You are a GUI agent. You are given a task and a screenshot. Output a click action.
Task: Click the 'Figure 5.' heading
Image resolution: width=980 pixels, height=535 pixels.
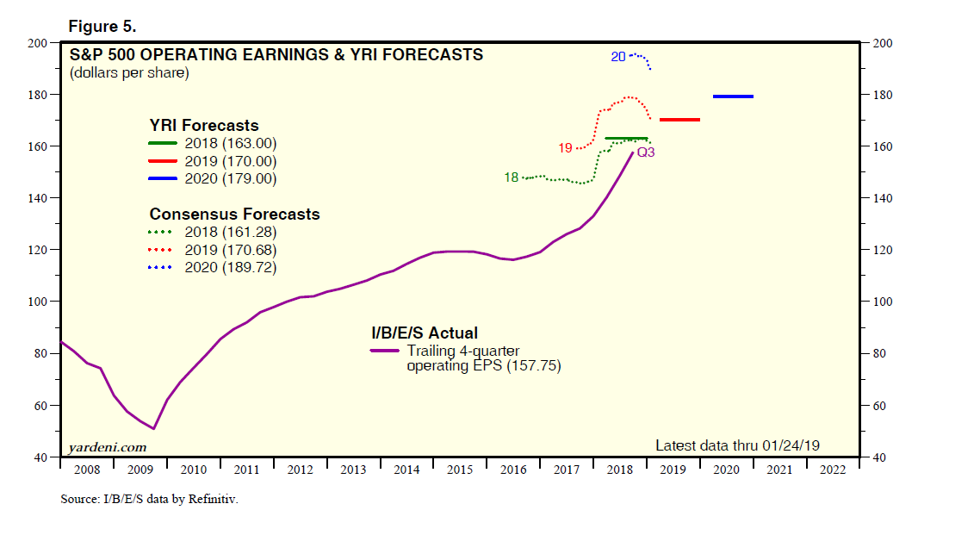102,26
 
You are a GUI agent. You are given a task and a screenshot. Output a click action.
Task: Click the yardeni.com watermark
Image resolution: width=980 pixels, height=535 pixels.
108,447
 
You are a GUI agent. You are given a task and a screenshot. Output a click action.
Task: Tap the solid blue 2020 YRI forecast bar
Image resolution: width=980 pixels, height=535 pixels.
733,96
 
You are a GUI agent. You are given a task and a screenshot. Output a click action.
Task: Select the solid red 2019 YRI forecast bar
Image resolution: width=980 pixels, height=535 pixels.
679,120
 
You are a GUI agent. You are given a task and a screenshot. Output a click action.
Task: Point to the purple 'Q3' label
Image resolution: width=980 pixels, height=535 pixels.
647,152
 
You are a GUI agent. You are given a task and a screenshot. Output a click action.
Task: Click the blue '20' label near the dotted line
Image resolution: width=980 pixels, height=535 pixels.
618,57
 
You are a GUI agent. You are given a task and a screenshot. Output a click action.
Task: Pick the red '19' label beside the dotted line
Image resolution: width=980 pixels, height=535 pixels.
565,148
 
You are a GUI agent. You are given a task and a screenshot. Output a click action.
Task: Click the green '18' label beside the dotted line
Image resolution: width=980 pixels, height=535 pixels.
512,177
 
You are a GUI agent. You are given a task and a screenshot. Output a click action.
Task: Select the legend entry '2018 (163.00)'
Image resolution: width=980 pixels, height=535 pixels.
231,144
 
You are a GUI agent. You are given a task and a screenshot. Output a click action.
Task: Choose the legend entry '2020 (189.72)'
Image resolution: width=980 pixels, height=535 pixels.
231,268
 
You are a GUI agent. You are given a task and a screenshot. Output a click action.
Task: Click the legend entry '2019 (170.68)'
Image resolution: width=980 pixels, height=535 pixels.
231,250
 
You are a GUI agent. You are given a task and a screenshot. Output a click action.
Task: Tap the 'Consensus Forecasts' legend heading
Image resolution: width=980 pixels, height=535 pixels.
234,214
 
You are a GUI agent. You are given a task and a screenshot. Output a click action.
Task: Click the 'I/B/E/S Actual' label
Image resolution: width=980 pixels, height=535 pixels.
424,333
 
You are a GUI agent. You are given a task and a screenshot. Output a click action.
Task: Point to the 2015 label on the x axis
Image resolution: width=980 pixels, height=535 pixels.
461,470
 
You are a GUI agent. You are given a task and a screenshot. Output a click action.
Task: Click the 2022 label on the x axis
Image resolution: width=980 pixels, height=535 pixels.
833,470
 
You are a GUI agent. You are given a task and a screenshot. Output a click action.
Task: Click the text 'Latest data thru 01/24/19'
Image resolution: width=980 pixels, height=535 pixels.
738,445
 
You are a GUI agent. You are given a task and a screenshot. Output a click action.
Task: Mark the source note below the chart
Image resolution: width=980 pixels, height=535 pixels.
149,499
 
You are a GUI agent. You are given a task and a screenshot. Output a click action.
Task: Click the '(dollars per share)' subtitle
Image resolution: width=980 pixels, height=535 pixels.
129,72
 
